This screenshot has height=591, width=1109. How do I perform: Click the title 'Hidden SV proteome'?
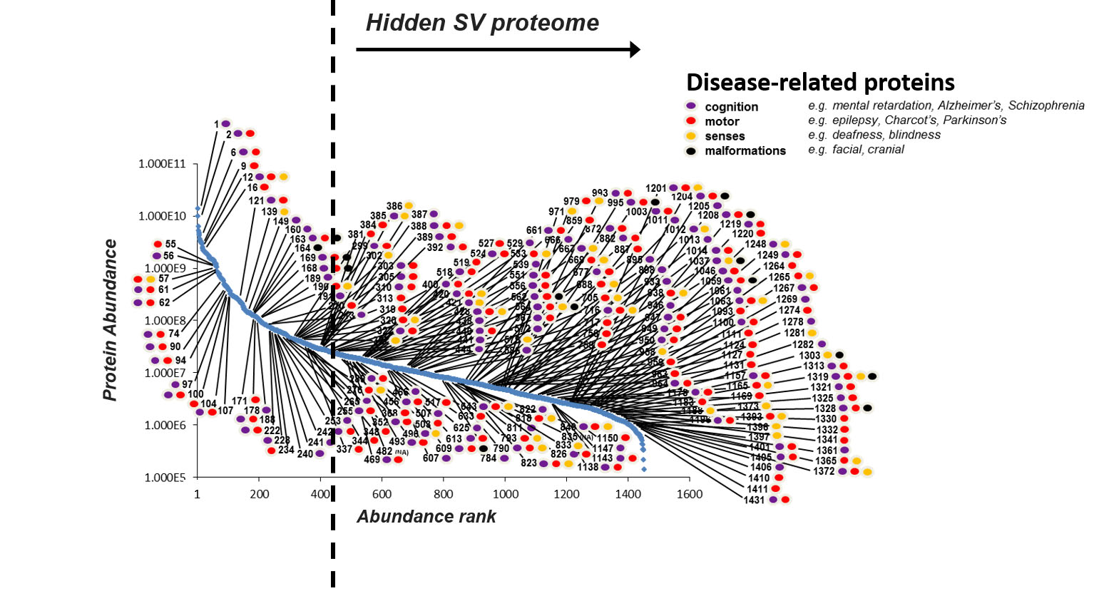point(482,24)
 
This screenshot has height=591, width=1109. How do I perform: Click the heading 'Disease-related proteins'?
point(820,83)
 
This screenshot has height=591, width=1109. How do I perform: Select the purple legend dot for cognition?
point(690,106)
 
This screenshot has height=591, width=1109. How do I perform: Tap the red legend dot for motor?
point(690,121)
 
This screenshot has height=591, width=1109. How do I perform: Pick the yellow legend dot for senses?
point(690,135)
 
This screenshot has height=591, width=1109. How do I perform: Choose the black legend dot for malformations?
point(690,150)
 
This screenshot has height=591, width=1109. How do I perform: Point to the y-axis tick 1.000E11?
point(162,164)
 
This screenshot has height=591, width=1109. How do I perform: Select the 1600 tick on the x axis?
point(688,493)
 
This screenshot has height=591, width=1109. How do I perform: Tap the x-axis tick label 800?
point(443,493)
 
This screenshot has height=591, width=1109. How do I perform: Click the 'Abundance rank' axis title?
point(426,517)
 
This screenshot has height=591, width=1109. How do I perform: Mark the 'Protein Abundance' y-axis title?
point(110,320)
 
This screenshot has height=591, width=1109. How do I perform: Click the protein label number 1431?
point(754,500)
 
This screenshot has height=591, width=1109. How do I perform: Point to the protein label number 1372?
point(824,472)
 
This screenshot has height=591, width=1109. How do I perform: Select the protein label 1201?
point(655,189)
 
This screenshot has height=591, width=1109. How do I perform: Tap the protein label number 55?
point(170,245)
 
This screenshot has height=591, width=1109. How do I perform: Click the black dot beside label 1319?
point(872,376)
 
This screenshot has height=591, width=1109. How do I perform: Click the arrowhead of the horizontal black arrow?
point(633,49)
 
